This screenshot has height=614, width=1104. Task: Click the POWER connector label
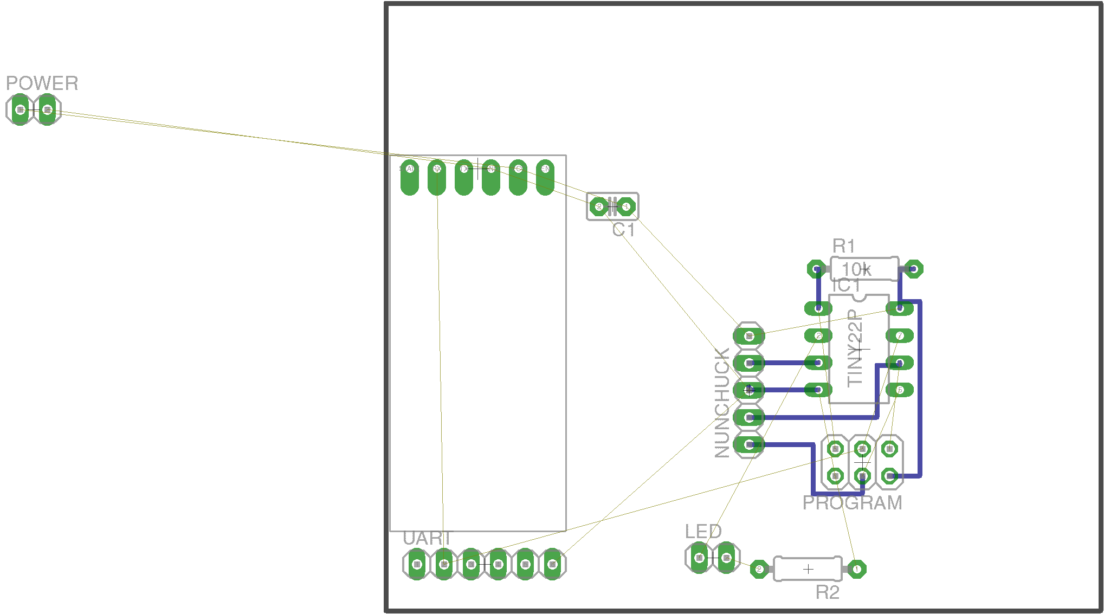[x=42, y=83]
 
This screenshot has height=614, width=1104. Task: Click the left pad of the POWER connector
[x=21, y=109]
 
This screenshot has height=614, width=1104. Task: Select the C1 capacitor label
[x=623, y=230]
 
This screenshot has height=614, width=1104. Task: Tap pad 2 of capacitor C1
[x=599, y=206]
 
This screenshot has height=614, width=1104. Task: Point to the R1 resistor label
[x=844, y=247]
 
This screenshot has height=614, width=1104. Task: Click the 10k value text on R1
[x=856, y=269]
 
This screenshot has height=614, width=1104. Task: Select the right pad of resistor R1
[x=913, y=269]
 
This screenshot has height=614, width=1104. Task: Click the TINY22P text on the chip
[x=855, y=347]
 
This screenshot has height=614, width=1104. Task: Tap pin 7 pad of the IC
[x=900, y=336]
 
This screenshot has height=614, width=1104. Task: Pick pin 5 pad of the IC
[x=900, y=390]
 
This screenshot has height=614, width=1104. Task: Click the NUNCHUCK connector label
[x=722, y=403]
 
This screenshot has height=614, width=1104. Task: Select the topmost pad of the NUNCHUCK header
[x=749, y=336]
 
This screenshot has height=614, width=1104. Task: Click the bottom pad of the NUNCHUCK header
[x=749, y=445]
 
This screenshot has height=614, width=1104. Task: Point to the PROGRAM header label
[x=852, y=503]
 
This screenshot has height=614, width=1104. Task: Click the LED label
[x=703, y=532]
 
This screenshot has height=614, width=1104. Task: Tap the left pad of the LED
[x=699, y=558]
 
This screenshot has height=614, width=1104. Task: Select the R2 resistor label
[x=827, y=593]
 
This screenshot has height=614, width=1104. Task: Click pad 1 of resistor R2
[x=857, y=569]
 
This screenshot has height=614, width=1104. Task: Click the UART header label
[x=427, y=539]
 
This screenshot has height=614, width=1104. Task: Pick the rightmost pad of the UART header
[x=552, y=564]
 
